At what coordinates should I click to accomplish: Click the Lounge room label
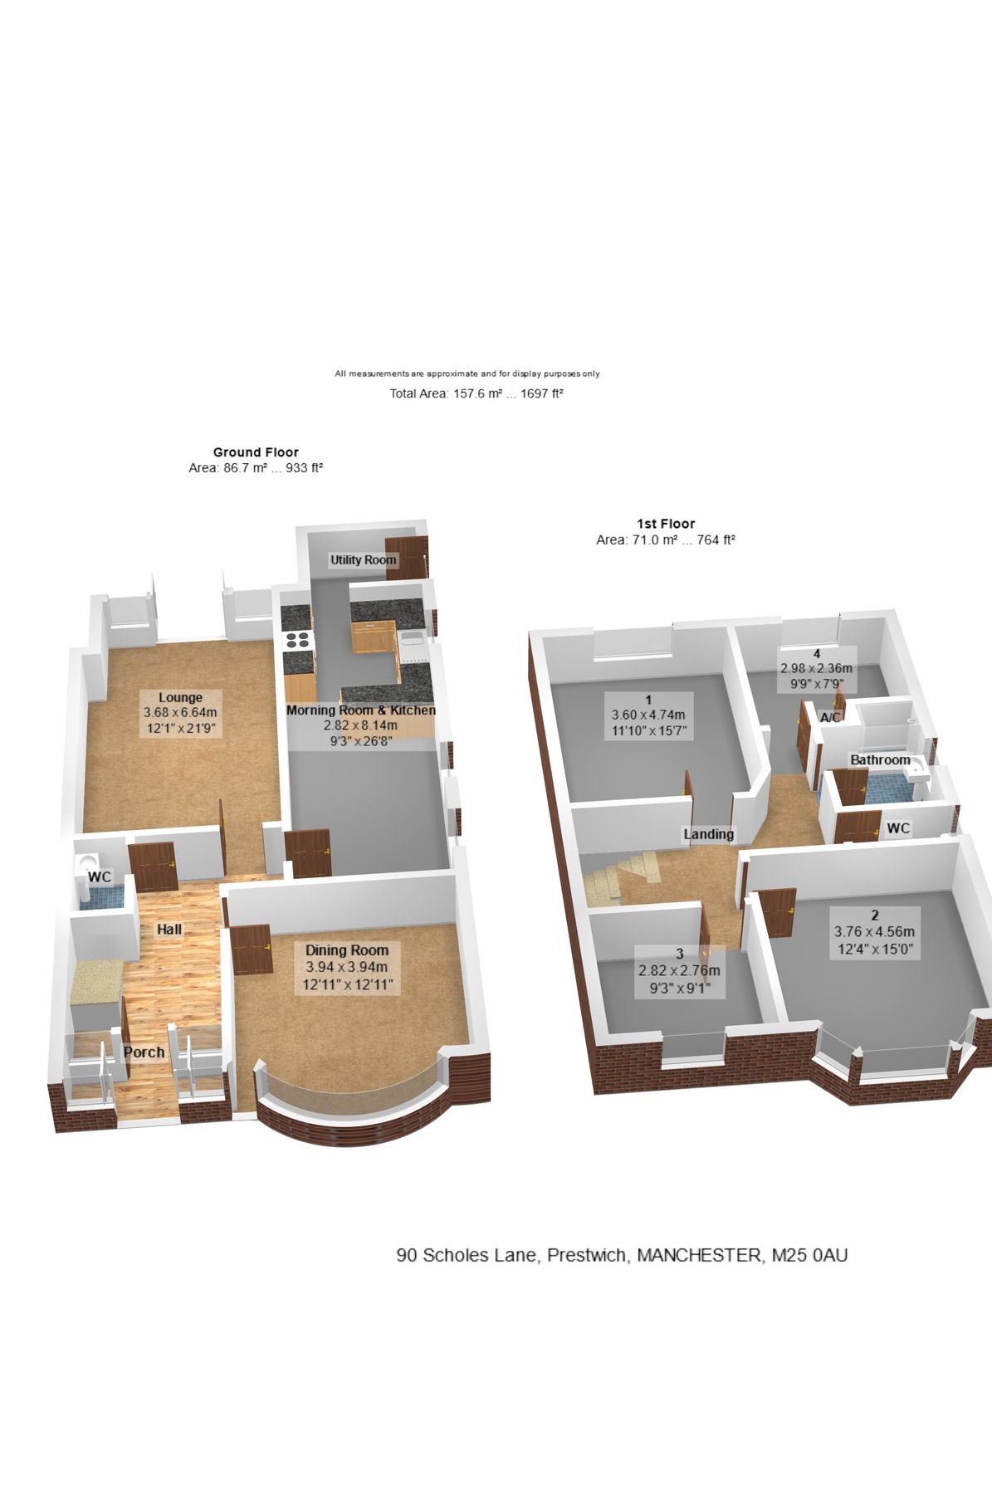coord(180,697)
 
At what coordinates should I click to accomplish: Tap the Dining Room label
coord(346,950)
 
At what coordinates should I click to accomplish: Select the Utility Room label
coord(363,559)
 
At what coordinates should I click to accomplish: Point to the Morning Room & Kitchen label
coord(361,710)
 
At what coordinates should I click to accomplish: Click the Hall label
coord(169,930)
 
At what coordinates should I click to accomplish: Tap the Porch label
coord(144,1052)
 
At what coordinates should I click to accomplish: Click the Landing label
coord(708,834)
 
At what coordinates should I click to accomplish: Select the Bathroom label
coord(880,759)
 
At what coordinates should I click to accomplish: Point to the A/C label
coord(830,717)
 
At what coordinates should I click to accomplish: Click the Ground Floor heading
coord(256,452)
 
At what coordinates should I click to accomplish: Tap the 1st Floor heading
coord(666,524)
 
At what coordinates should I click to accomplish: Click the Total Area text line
coord(476,393)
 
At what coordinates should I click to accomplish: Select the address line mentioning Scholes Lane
coord(622,1255)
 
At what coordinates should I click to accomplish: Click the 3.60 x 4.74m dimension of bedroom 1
coord(647,715)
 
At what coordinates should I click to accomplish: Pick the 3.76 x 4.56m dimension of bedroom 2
coord(874,932)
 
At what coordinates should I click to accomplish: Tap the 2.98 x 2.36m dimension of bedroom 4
coord(816,668)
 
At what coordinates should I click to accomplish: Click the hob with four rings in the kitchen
coord(297,640)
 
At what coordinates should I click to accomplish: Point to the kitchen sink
coord(412,640)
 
